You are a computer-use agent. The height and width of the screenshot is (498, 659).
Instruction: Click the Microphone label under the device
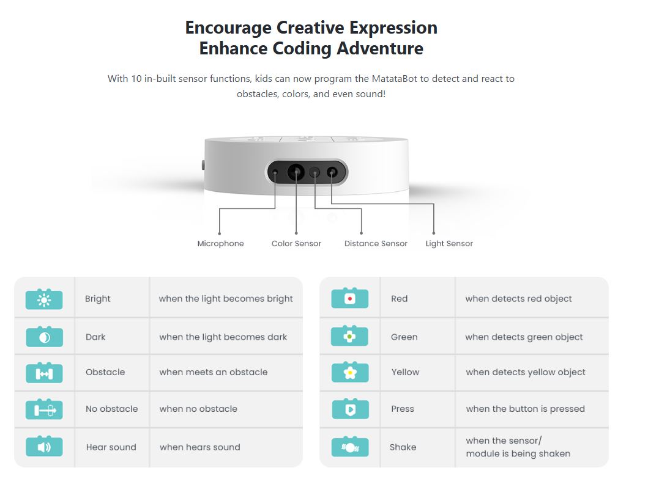point(221,243)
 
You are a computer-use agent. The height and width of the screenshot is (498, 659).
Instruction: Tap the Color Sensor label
point(296,243)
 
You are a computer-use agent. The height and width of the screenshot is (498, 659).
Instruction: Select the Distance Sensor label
point(376,243)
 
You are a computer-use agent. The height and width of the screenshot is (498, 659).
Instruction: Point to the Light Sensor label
point(449,243)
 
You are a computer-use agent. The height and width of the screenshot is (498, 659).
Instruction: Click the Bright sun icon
point(44,299)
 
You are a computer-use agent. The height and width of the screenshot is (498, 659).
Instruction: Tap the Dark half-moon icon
point(44,337)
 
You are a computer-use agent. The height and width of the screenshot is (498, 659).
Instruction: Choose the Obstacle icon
point(44,373)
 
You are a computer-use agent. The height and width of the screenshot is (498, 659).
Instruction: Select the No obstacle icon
point(44,409)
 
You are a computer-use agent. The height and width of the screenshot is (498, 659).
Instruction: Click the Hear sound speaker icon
point(44,447)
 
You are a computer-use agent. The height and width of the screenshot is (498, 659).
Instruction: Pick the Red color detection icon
point(349,298)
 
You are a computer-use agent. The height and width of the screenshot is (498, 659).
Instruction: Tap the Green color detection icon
point(349,336)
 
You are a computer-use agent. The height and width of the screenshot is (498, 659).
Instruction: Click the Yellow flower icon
point(350,372)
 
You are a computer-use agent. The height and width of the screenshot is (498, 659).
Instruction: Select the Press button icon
point(350,409)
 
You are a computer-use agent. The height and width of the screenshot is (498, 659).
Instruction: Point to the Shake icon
point(350,447)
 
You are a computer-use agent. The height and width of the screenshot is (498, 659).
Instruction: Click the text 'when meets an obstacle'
point(214,372)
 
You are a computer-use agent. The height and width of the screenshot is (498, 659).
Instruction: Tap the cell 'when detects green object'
point(524,337)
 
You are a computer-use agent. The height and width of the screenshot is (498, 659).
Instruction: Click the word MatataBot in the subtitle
point(394,78)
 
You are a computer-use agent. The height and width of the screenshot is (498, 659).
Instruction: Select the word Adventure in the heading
point(380,48)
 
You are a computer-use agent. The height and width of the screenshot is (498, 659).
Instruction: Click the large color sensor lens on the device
point(296,172)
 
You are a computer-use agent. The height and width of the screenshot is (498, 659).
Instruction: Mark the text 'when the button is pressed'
point(526,409)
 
